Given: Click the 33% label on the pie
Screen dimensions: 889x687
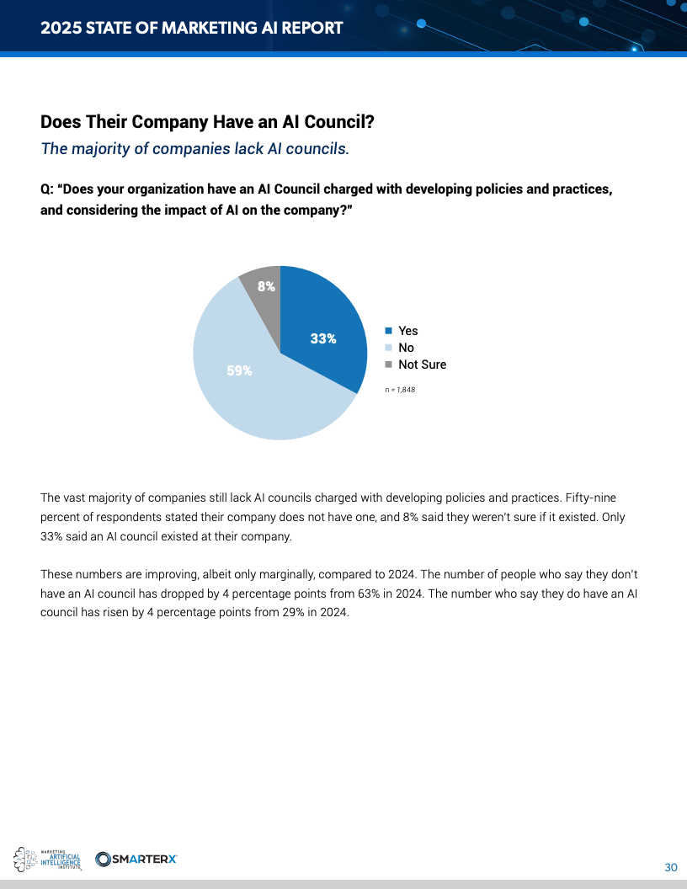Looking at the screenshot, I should pos(323,338).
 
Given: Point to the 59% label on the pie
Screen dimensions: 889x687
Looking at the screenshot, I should pos(239,370).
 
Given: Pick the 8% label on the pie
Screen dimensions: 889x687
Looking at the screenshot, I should pos(266,286).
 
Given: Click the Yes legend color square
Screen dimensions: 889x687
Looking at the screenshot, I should pos(388,331).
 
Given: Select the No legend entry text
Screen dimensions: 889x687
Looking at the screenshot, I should pos(406,348).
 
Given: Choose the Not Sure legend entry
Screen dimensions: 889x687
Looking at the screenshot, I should pos(422,365).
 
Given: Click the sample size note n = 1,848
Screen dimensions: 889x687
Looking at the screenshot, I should pos(401,390).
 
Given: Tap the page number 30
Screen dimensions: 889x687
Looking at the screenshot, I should pos(671,868).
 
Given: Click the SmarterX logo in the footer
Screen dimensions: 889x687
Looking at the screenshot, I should pos(136,859).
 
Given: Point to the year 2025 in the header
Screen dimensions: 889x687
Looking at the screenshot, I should pos(58,28).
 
